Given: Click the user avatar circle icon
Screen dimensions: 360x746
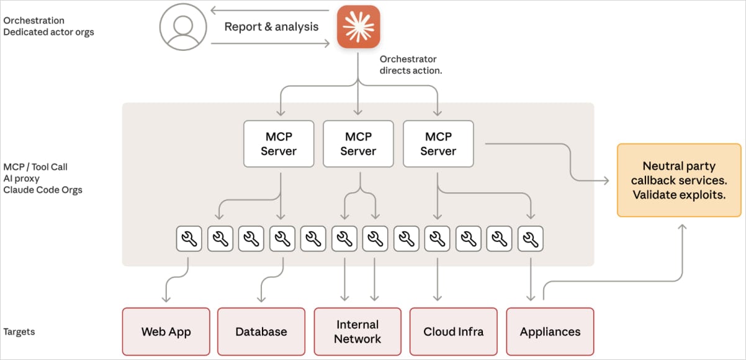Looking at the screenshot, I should (183, 27).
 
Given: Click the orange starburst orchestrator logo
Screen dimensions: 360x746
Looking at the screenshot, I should (358, 27).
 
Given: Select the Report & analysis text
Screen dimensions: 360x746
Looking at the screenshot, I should (271, 27).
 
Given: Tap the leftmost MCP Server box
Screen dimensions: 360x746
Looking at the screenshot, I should (279, 144).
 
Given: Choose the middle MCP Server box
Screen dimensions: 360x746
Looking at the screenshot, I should (358, 144).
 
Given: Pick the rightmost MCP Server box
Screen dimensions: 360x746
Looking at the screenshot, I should (438, 144).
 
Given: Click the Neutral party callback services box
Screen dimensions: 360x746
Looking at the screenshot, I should (679, 180).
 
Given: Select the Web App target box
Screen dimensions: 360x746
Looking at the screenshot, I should (166, 331).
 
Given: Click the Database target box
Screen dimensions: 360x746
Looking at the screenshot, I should (261, 331).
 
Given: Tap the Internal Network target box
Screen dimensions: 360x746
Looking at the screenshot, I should (357, 331).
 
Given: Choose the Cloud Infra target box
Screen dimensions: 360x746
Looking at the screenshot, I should (453, 331).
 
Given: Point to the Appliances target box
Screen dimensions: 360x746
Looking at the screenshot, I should (550, 331).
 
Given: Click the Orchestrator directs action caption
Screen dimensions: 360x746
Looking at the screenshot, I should (411, 65).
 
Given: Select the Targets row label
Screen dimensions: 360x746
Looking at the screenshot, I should (19, 331).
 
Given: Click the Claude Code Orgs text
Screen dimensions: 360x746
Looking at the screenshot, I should (43, 190).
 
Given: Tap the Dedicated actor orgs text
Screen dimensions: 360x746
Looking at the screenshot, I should (48, 32).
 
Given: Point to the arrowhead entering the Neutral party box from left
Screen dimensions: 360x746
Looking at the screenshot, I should (606, 181).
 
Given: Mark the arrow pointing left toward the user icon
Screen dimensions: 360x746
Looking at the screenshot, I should (215, 11).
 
